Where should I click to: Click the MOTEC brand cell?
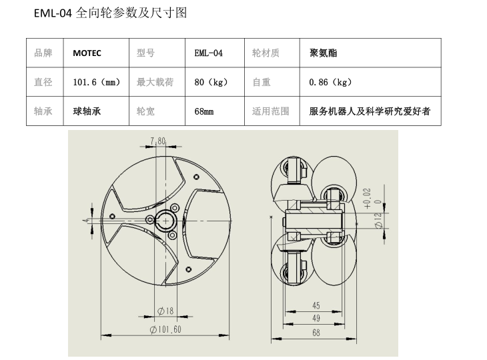click(x=87, y=53)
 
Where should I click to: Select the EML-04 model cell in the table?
click(x=208, y=53)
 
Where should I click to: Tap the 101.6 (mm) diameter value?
click(x=96, y=83)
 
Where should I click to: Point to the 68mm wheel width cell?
click(x=204, y=111)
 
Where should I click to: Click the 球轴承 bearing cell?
click(x=87, y=111)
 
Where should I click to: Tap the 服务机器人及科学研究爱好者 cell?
click(x=370, y=111)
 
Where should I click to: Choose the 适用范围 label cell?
click(x=270, y=111)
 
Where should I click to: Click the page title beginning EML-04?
click(x=110, y=13)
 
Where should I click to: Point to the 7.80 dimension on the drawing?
click(x=158, y=141)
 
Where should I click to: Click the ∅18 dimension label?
click(x=165, y=311)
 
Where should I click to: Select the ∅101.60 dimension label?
click(x=165, y=329)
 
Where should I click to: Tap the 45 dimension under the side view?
click(x=316, y=306)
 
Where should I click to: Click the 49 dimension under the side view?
click(x=316, y=319)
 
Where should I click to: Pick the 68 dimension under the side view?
click(x=316, y=331)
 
